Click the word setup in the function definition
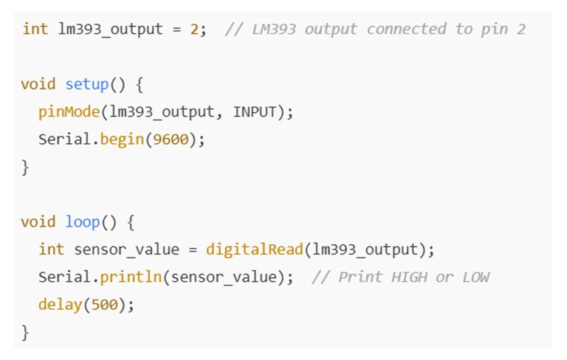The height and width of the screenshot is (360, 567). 88,83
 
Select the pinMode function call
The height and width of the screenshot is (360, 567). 69,111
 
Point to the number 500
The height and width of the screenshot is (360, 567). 106,305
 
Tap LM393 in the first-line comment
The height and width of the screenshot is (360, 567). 272,29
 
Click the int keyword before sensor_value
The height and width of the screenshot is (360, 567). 51,250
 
